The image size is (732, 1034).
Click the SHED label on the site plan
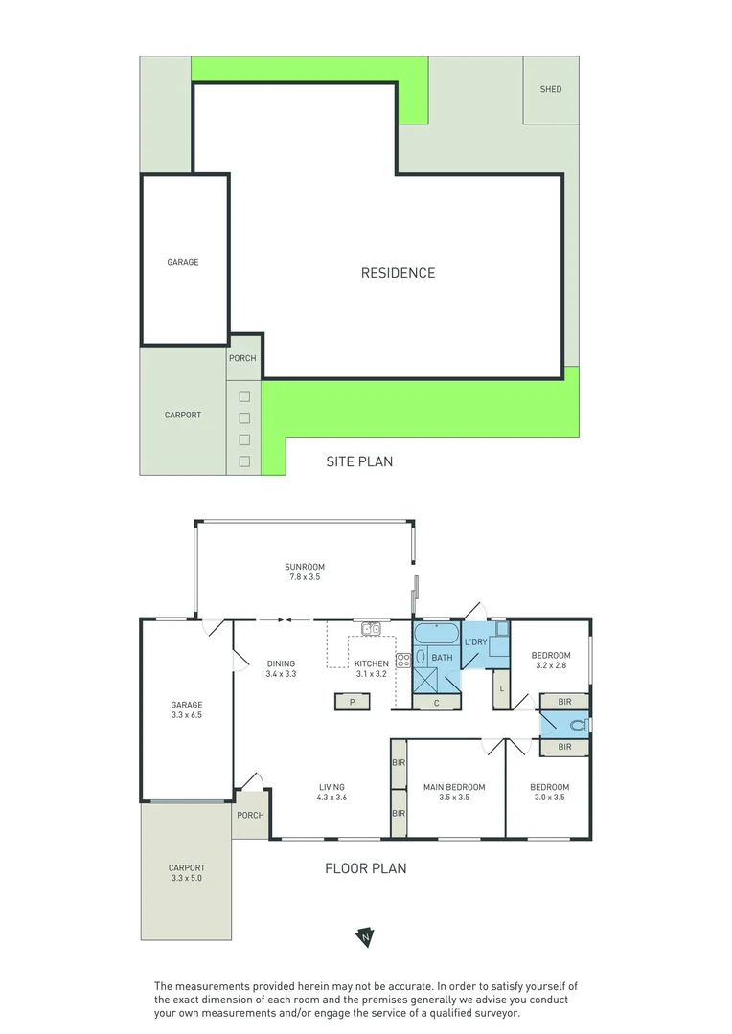(551, 90)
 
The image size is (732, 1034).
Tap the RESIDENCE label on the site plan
(398, 273)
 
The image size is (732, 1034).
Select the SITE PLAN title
(359, 461)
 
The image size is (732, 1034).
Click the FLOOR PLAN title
(365, 869)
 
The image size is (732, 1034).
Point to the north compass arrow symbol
(365, 937)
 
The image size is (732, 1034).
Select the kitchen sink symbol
(372, 629)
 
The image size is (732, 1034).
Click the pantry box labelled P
(353, 702)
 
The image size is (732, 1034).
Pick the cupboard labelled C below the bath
(436, 702)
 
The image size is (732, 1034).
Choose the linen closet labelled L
(501, 689)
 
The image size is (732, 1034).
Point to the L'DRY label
(475, 641)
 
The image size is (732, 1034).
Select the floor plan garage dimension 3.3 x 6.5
(187, 714)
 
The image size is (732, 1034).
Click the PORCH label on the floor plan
(250, 816)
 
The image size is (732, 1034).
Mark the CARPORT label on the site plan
(183, 415)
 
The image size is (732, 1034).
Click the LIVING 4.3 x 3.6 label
(332, 793)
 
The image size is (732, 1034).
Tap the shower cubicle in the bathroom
(427, 679)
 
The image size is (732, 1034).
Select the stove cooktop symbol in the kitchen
(403, 659)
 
